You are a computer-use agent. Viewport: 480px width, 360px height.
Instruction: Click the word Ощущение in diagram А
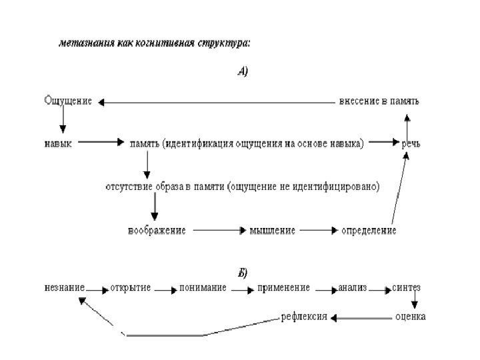67,102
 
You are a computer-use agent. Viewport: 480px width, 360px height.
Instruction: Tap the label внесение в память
379,102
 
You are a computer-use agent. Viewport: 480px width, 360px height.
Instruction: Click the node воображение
157,231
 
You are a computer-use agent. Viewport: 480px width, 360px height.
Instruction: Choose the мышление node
272,231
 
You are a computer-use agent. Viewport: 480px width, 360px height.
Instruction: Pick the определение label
369,231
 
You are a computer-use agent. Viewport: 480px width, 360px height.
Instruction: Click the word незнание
64,287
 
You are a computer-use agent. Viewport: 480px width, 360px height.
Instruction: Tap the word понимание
203,287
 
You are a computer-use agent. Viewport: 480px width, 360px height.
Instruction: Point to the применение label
283,287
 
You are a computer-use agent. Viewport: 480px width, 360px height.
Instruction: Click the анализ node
353,287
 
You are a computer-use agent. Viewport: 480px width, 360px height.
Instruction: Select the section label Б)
243,273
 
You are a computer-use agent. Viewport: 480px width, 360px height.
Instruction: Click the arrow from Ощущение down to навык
63,121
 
